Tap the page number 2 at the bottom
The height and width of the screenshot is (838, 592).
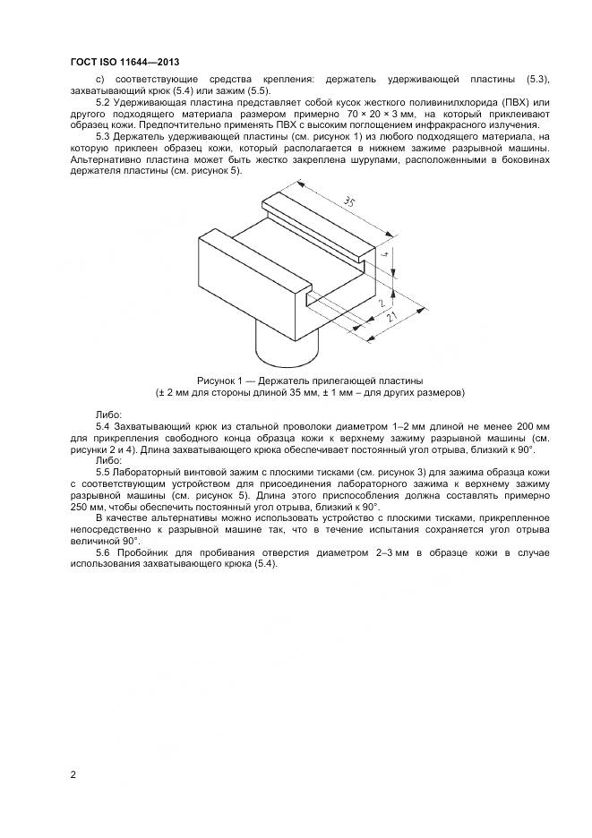[x=73, y=774]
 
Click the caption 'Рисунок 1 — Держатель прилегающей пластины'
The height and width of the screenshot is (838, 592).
[x=310, y=381]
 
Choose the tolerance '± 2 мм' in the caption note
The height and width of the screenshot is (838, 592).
[x=176, y=392]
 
